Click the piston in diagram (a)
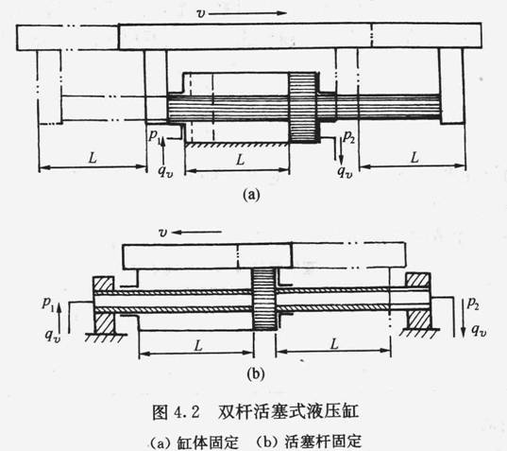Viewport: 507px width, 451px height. point(303,108)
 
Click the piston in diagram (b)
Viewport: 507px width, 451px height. point(263,298)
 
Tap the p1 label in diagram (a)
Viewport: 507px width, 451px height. point(154,135)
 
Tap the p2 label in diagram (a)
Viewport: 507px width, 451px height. point(349,137)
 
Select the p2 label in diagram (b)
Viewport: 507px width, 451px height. point(473,304)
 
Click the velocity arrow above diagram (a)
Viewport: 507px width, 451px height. point(248,13)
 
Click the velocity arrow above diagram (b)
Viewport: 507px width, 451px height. point(196,232)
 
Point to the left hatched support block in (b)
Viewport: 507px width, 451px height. point(104,304)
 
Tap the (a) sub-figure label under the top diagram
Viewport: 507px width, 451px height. point(251,194)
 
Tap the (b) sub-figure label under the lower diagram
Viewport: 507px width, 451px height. point(256,374)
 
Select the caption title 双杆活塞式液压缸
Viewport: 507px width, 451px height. point(288,412)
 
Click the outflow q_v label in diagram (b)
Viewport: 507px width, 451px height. point(479,331)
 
